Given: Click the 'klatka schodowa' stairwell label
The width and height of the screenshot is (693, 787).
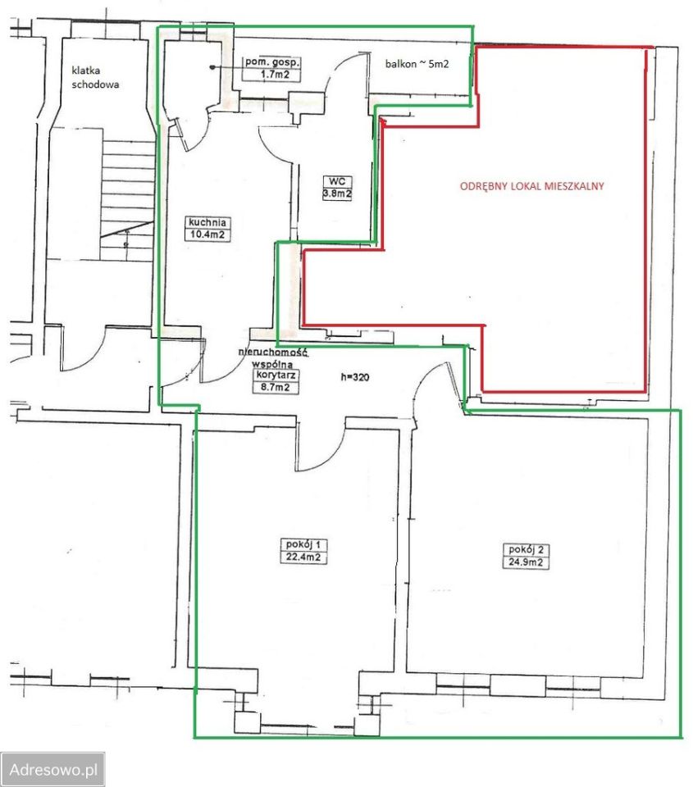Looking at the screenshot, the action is (95, 77).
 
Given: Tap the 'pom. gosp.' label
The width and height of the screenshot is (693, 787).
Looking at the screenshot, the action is (272, 62).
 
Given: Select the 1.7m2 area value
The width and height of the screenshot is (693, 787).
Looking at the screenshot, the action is (271, 75).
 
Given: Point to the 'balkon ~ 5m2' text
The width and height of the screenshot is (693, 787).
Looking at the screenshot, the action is (417, 64).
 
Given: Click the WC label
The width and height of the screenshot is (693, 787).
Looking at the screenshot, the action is (337, 181).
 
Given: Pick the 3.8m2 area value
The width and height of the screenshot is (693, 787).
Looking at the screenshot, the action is (337, 193).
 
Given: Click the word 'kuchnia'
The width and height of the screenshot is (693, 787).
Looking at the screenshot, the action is (207, 222).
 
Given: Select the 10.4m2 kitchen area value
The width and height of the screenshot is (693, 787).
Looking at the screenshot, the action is (207, 234).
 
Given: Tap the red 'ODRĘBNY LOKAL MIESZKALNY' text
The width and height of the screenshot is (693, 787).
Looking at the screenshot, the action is (531, 186).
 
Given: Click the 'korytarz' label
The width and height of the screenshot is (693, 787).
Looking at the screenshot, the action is (276, 375).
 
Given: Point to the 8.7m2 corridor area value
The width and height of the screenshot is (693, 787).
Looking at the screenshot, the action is (276, 387).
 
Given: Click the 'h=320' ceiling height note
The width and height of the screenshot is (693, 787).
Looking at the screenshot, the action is (355, 377).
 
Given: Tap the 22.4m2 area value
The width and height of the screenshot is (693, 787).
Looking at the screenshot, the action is (303, 557).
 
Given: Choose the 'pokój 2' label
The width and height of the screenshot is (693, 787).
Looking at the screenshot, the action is (526, 549).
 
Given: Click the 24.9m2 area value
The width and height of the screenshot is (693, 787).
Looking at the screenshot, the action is (525, 562).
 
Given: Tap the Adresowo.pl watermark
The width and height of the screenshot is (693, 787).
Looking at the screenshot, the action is (52, 769).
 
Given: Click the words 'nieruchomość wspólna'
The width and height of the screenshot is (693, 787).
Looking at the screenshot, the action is (273, 358).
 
